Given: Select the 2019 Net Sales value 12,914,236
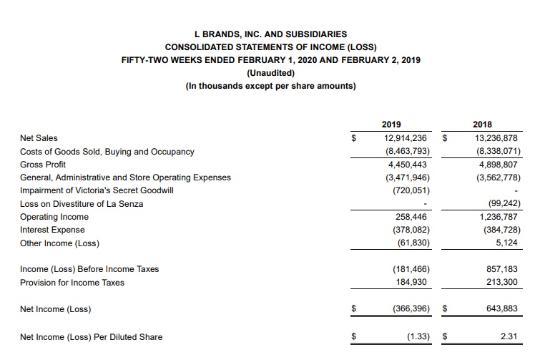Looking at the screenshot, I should click(406, 137).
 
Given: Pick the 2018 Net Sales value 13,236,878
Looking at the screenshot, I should click(495, 137).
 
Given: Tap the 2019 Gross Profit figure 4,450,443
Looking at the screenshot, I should click(408, 164).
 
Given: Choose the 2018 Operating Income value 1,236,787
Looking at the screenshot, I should click(498, 216).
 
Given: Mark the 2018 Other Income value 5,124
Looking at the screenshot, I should click(505, 243).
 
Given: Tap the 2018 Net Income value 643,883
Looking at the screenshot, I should click(501, 309).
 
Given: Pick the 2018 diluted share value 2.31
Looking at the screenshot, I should click(508, 336).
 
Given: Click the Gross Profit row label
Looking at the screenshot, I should click(43, 164).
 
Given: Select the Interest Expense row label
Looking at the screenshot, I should click(52, 230).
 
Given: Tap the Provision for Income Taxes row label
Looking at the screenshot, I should click(72, 282).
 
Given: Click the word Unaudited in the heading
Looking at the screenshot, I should click(270, 73).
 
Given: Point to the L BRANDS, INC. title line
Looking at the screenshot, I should click(270, 34).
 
